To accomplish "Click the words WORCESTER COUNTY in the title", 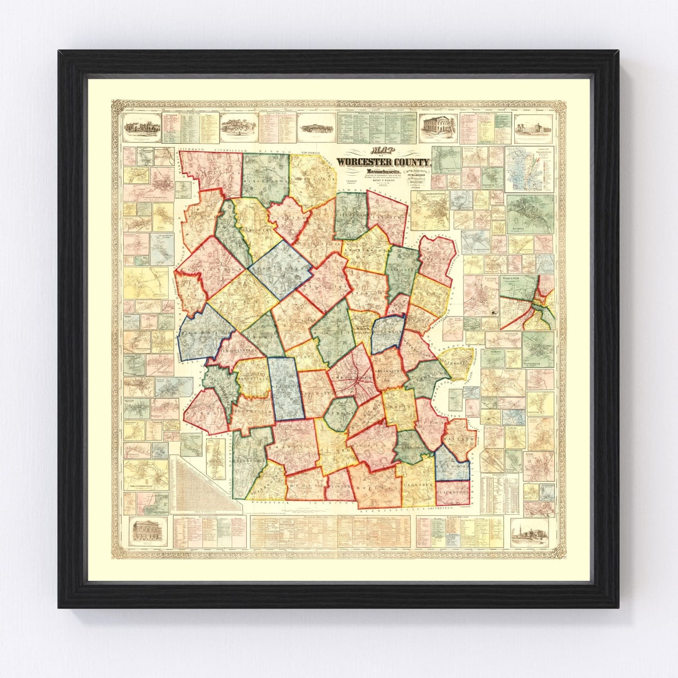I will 382,161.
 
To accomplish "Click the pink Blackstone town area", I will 452,492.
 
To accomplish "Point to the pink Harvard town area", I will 438,258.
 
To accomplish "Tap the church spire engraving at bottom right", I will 529,532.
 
